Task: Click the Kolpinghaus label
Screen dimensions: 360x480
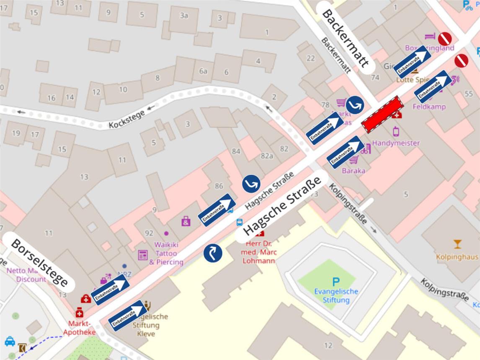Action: click(457, 256)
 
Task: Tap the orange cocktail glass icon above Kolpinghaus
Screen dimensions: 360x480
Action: click(457, 244)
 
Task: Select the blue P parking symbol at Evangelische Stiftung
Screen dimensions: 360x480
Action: click(335, 282)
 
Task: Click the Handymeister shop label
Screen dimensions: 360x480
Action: click(396, 143)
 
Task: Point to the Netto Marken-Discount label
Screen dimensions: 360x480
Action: click(26, 275)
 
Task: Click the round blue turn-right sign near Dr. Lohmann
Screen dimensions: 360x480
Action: click(212, 253)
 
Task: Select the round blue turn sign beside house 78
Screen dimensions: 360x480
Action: click(355, 105)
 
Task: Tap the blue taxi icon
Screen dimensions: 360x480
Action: click(10, 341)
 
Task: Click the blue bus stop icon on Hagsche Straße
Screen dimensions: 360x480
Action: click(240, 222)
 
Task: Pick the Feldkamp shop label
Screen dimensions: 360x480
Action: click(429, 106)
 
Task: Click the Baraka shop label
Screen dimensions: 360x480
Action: click(353, 171)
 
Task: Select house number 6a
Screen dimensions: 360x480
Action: click(203, 71)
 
